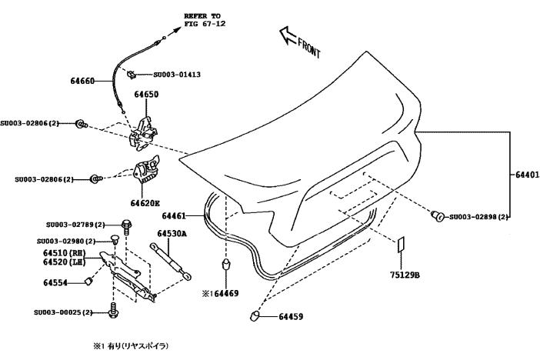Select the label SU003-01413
(x=177, y=75)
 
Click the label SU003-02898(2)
(x=479, y=217)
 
